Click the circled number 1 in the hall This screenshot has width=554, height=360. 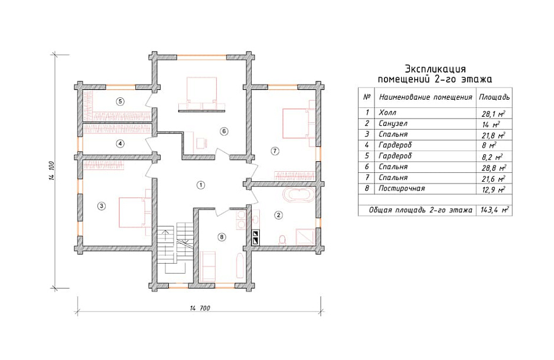click(x=200, y=185)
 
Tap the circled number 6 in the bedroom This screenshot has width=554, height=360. click(x=224, y=131)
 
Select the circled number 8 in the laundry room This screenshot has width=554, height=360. click(x=221, y=237)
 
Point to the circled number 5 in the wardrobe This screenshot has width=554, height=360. click(x=120, y=102)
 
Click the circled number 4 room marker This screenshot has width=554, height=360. click(x=120, y=143)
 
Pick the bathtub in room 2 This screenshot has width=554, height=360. click(x=299, y=195)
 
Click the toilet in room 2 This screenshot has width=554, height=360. click(x=282, y=240)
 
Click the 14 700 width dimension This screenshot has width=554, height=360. click(x=200, y=308)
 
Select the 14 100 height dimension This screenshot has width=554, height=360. click(x=51, y=171)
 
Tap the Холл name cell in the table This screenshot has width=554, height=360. click(x=387, y=113)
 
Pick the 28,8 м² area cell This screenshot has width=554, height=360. click(x=494, y=168)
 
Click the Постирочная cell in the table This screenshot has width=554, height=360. click(x=402, y=188)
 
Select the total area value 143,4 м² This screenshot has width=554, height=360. click(x=494, y=210)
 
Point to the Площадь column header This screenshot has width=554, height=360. click(x=494, y=97)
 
